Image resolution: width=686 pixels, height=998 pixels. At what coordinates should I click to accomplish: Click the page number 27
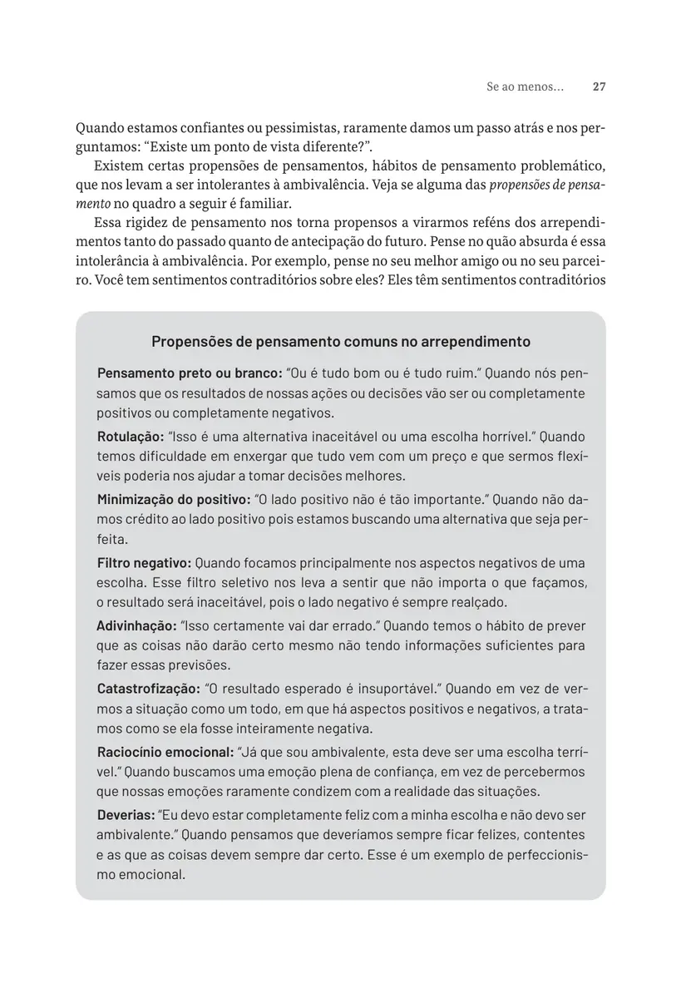(599, 86)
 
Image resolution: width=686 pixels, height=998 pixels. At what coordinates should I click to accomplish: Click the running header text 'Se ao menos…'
(525, 86)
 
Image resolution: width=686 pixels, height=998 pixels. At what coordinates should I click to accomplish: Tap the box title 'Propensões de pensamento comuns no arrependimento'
(341, 342)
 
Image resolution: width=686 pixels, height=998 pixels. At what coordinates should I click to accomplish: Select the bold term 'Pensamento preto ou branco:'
(189, 373)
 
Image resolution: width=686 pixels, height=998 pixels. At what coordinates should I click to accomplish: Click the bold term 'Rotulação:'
(130, 437)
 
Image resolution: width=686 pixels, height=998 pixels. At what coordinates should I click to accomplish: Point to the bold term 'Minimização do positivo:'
(174, 500)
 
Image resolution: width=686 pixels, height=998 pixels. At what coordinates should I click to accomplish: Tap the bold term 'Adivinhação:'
(136, 625)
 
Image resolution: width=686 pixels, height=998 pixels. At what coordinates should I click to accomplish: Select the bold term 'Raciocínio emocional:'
(165, 752)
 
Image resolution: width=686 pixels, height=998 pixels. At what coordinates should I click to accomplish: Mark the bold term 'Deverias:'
(126, 815)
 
